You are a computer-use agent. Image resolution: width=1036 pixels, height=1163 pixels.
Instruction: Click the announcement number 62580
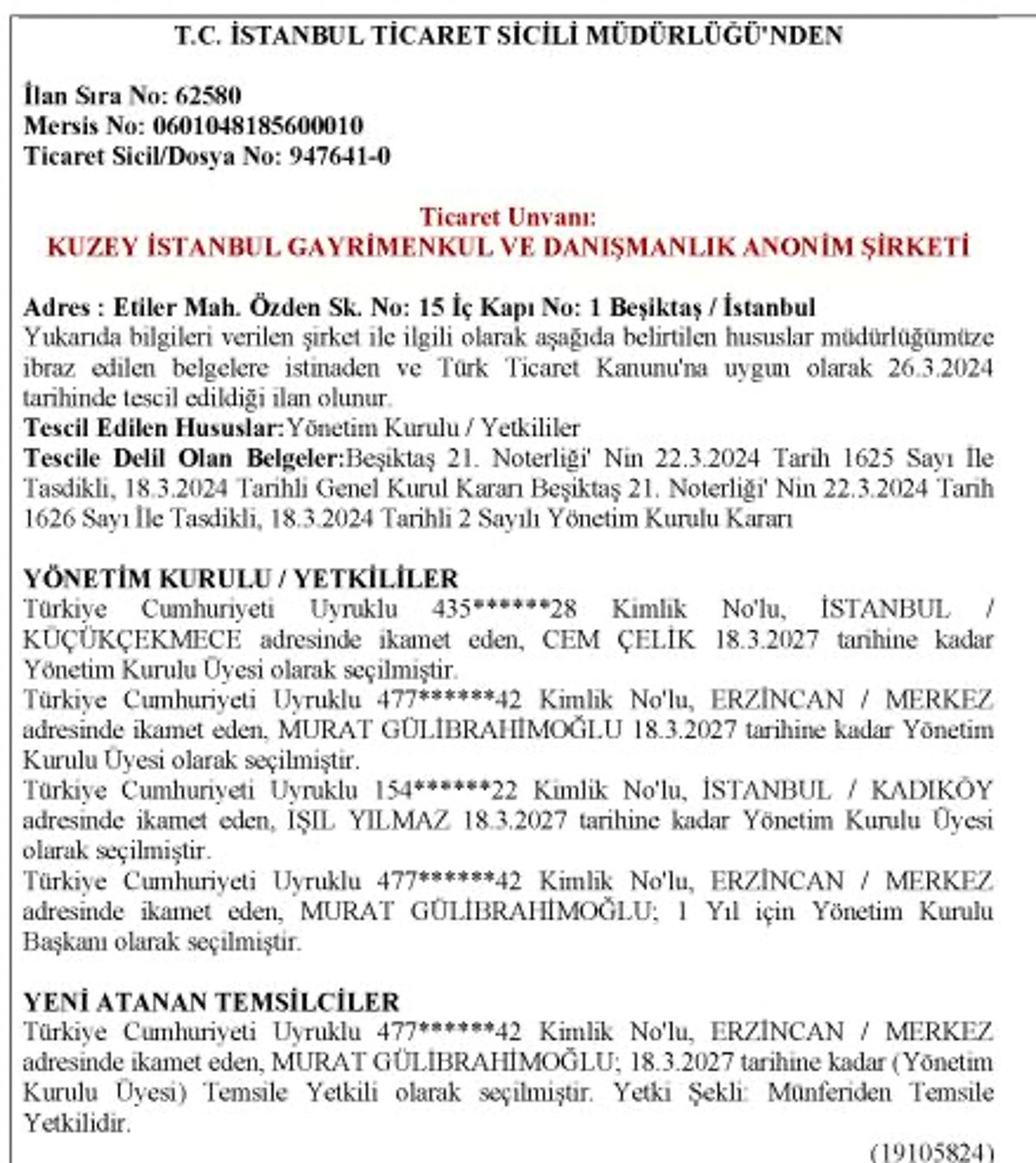[x=208, y=95]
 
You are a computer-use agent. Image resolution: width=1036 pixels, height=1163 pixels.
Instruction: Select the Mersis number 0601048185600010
[x=257, y=126]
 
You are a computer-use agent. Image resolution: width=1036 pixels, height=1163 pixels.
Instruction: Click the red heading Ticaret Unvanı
[x=508, y=217]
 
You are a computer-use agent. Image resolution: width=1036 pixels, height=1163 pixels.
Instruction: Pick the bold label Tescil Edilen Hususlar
[x=154, y=427]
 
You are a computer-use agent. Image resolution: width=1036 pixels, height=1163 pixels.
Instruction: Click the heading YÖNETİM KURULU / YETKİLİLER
[x=241, y=578]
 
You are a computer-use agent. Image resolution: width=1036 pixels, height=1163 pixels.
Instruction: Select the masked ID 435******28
[x=504, y=609]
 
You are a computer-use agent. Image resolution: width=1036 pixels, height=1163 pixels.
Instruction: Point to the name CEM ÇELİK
[x=618, y=640]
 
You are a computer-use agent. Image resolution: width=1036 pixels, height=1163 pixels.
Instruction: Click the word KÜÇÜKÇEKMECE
[x=132, y=640]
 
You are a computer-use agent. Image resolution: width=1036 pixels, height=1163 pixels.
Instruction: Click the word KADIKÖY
[x=932, y=790]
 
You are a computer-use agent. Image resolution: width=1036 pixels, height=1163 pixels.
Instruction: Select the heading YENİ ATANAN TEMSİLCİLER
[x=212, y=1002]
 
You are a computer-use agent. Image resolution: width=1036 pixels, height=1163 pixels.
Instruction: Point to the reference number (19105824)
[x=932, y=1153]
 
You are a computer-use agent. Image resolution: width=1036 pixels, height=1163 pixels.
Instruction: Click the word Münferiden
[x=829, y=1092]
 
